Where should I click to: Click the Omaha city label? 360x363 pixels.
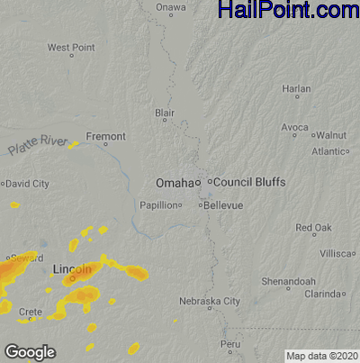pos(175,183)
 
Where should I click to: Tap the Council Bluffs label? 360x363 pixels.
pos(249,182)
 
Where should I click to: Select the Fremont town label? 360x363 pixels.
pos(106,137)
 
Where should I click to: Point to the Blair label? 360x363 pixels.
pos(164,113)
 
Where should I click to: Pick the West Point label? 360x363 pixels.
pos(71,47)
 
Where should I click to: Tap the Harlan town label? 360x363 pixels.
pos(296,89)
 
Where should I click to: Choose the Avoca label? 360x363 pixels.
pos(294,128)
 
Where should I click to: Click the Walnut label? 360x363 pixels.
pos(331,134)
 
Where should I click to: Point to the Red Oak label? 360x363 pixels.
pos(313,227)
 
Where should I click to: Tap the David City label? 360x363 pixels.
pos(27,184)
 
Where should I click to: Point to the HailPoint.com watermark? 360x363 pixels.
pos(288,11)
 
